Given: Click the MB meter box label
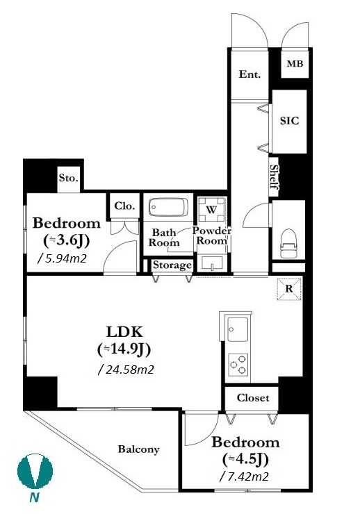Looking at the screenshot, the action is click(x=295, y=64).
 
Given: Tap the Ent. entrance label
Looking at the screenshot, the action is click(x=249, y=74).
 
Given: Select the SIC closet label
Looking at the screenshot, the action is click(x=290, y=121).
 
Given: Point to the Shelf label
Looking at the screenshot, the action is click(x=274, y=177).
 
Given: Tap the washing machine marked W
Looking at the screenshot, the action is click(x=211, y=210).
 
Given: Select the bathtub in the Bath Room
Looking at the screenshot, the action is click(x=168, y=207).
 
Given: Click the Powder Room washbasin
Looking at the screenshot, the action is click(x=212, y=263).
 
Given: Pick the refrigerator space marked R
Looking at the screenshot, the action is click(x=289, y=289).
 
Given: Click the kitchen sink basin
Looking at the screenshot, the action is click(x=238, y=329).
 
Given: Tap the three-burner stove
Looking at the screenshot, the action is click(x=238, y=364).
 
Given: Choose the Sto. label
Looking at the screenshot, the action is click(x=69, y=178).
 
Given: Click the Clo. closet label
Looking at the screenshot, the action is click(x=124, y=206).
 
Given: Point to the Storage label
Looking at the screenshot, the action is click(x=172, y=265).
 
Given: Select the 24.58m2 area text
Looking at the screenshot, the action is click(x=126, y=370).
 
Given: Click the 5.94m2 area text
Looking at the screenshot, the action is click(x=62, y=258).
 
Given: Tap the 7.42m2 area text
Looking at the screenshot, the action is click(x=244, y=476).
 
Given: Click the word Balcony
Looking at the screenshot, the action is click(x=139, y=449).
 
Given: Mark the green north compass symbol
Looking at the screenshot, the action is click(x=35, y=471).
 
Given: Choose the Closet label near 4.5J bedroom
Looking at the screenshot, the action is click(x=253, y=398).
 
